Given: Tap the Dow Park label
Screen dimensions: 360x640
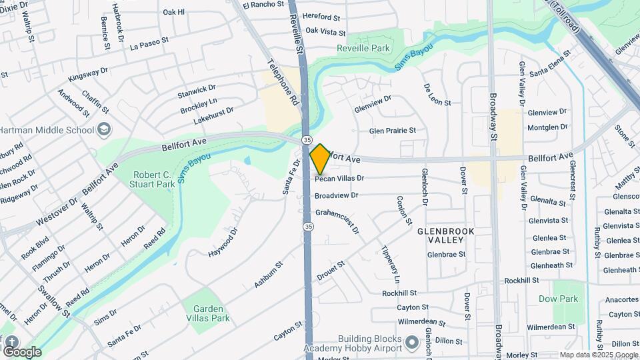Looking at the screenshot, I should tap(558, 299).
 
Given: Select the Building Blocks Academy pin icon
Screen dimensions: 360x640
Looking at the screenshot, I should tap(412, 343).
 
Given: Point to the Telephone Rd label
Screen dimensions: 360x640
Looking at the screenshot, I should tap(283, 82).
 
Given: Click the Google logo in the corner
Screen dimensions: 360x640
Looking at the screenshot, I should tap(22, 351).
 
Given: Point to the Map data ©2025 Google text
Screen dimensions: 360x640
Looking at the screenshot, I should tap(598, 355).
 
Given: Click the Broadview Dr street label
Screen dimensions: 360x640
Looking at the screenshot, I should tap(337, 196).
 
